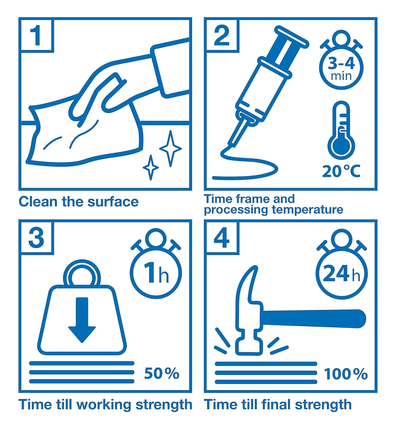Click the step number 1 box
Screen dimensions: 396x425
tap(36, 35)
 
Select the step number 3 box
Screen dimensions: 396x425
tap(36, 237)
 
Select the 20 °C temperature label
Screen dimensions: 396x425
tap(341, 171)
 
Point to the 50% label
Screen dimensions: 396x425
tap(162, 373)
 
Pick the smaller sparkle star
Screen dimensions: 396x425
tap(151, 167)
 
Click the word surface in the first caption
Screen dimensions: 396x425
tap(113, 201)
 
